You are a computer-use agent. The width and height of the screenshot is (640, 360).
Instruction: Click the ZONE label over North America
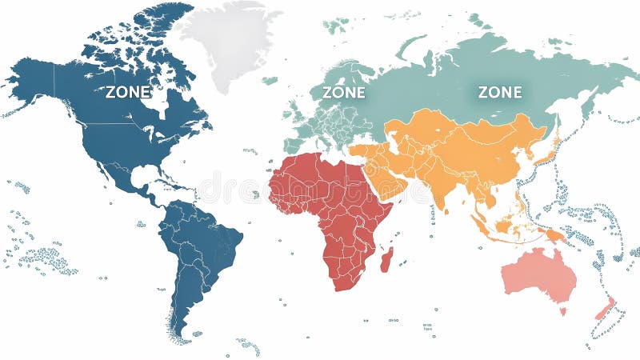[x=128, y=92]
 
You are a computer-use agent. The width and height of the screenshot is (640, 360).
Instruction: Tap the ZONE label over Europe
[x=344, y=93]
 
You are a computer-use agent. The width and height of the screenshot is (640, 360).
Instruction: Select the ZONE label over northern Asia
[x=500, y=92]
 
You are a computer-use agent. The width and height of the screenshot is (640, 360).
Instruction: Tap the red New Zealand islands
[x=604, y=308]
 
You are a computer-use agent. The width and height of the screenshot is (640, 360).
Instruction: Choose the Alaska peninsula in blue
[x=32, y=80]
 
